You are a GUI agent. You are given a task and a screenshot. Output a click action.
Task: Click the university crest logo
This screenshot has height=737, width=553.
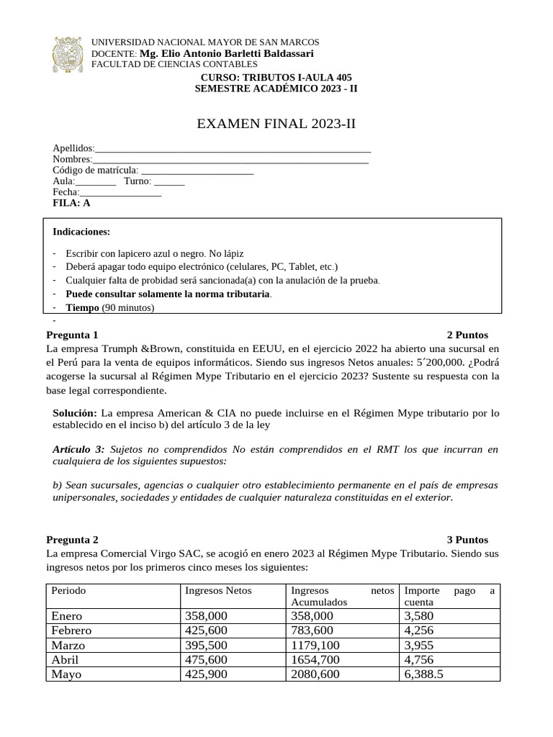(x=69, y=55)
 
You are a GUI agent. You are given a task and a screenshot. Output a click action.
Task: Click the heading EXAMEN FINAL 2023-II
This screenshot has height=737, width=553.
(x=276, y=125)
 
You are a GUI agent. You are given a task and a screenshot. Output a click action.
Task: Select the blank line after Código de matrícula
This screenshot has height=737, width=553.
(x=197, y=171)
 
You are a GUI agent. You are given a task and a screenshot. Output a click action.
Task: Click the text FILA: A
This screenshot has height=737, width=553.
(x=72, y=203)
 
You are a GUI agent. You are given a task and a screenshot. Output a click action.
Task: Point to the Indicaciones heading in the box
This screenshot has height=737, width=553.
(x=81, y=232)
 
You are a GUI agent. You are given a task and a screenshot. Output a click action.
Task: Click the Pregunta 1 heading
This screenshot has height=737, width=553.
(x=72, y=335)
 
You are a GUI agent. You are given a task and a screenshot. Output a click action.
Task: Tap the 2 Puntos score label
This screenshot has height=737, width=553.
(x=467, y=335)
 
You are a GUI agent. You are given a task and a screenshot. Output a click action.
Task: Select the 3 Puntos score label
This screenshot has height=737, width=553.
(x=467, y=539)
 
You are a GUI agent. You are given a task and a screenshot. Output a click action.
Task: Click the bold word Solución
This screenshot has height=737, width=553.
(x=75, y=413)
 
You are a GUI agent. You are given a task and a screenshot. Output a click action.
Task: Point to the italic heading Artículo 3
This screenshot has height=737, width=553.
(x=79, y=449)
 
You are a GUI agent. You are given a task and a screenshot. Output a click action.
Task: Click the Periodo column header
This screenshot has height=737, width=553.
(x=68, y=590)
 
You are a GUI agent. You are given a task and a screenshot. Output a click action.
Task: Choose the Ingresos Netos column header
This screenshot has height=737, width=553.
(x=218, y=590)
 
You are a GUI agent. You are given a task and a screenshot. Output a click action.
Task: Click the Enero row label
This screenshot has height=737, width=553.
(x=67, y=616)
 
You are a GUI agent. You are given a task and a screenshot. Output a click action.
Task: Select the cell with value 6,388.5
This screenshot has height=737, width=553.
(x=424, y=675)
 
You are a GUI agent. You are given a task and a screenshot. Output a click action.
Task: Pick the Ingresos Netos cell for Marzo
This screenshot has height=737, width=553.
(x=206, y=646)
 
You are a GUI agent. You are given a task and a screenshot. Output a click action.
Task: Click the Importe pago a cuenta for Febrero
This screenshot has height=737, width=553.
(x=419, y=630)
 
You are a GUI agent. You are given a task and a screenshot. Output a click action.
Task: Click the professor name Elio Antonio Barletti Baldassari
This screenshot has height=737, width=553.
(x=227, y=54)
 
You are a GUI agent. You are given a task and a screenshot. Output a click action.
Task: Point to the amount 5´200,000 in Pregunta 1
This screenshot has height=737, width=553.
(x=435, y=362)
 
